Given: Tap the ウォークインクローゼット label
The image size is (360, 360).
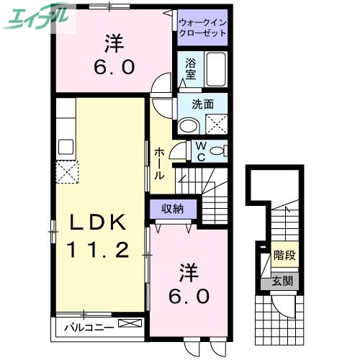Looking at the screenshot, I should click(202, 27).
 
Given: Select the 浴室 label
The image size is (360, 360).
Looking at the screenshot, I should click(190, 68).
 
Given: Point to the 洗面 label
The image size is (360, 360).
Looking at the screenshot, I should click(202, 104).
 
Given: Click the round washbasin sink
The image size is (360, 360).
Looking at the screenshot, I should click(188, 125).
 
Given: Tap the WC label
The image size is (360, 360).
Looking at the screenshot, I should click(201, 150).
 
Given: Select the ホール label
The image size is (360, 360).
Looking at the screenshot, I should click(160, 163).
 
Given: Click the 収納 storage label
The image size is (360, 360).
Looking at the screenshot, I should click(172, 209).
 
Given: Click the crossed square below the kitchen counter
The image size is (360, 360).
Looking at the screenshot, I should click(69, 172).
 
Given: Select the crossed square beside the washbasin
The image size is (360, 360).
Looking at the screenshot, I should click(215, 125).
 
